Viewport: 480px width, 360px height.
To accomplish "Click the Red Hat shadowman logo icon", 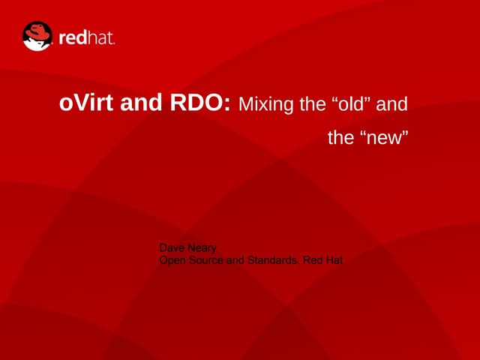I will tap(37, 35).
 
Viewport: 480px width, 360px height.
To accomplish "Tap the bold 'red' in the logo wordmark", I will tap(73, 37).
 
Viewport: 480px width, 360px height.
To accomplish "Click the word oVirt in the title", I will tap(85, 103).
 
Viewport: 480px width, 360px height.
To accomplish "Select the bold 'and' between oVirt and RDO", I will tap(138, 103).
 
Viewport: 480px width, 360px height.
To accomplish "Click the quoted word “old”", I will tap(351, 104).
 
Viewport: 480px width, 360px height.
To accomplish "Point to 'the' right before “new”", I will tap(340, 139).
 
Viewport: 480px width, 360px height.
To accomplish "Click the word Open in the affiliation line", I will tap(173, 260).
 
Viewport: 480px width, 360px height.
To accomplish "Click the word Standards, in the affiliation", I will tap(274, 260).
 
